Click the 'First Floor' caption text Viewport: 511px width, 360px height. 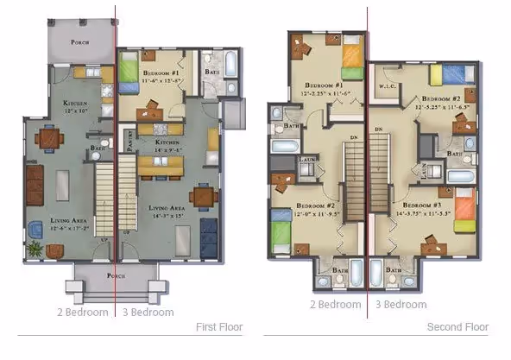pos(218,327)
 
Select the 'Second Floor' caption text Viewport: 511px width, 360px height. pos(457,327)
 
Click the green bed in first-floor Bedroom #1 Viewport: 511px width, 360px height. pos(127,68)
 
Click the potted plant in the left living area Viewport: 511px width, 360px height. pos(35,250)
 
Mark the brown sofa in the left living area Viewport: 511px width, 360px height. pos(34,183)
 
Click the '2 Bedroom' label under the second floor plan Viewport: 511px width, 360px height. pos(335,304)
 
